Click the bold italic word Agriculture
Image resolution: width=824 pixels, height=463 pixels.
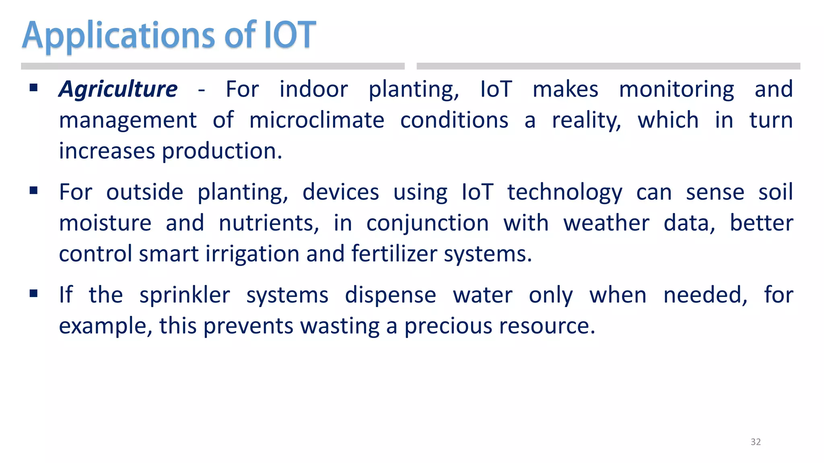tap(118, 89)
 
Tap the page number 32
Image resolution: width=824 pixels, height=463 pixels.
tap(756, 442)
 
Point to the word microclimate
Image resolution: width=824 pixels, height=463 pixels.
tap(317, 120)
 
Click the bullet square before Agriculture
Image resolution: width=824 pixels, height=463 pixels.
tap(34, 88)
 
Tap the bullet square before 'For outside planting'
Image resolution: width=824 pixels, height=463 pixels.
tap(34, 191)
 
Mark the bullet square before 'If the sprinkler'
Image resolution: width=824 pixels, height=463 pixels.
tap(34, 294)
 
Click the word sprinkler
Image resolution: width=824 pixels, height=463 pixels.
tap(185, 295)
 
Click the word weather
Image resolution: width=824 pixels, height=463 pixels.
tap(606, 223)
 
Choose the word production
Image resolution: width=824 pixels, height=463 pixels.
tap(222, 152)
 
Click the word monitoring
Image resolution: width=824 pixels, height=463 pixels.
tap(676, 89)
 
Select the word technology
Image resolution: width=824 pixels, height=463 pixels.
tap(564, 193)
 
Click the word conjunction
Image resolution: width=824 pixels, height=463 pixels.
tap(427, 224)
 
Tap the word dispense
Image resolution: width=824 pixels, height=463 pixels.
tap(390, 295)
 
